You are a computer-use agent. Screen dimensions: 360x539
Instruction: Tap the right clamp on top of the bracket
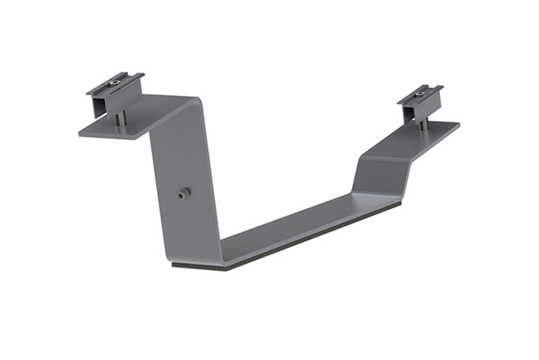[420, 98]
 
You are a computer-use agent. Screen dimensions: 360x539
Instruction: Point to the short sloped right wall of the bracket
[378, 176]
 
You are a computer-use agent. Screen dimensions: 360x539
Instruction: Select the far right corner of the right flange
[458, 125]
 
